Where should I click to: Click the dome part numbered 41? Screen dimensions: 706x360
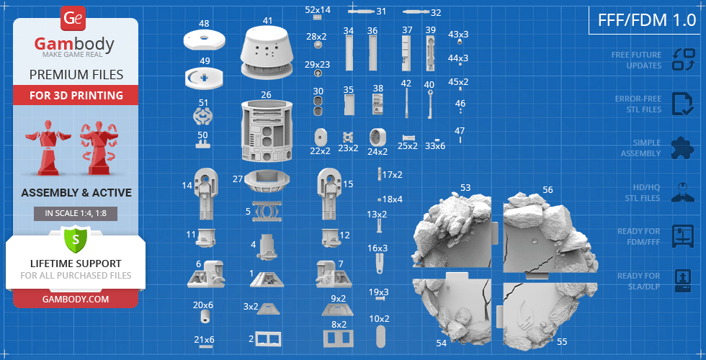267,52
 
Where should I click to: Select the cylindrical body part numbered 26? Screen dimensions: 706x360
267,131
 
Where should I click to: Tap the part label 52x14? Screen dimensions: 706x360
318,9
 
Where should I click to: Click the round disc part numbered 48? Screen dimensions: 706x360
205,40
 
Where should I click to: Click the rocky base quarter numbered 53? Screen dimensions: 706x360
452,230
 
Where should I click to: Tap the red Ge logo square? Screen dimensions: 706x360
73,19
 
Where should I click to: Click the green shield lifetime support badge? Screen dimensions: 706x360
75,240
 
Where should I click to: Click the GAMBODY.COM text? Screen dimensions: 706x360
75,299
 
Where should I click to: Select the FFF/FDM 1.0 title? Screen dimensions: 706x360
647,21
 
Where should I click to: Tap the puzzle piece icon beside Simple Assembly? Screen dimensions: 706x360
682,148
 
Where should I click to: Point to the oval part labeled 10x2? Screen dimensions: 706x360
380,336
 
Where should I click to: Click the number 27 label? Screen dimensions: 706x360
238,179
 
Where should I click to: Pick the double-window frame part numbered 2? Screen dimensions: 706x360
268,339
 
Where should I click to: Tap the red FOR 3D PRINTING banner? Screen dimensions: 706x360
76,95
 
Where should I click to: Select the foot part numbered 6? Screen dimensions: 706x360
206,274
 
